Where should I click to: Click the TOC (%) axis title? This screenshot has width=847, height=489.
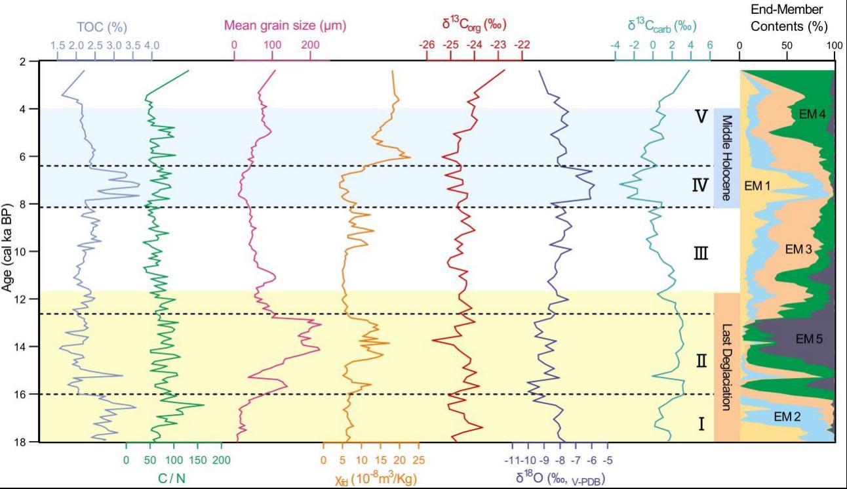tap(101, 27)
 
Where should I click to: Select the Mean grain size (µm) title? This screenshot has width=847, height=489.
tap(285, 26)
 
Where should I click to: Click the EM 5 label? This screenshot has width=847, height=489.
tap(809, 339)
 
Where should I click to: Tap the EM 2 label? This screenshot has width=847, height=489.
tap(787, 415)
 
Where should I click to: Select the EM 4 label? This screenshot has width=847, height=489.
tap(812, 114)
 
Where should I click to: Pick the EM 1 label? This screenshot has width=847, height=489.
tap(757, 186)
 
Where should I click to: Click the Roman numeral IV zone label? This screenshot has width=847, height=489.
tap(699, 186)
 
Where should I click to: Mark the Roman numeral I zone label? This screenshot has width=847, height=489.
tap(701, 424)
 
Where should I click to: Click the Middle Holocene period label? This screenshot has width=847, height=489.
tap(726, 158)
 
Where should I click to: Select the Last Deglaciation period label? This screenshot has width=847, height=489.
tap(726, 368)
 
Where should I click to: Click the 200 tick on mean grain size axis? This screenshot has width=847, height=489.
tap(310, 45)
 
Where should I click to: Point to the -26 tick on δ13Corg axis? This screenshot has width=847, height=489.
tap(426, 45)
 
